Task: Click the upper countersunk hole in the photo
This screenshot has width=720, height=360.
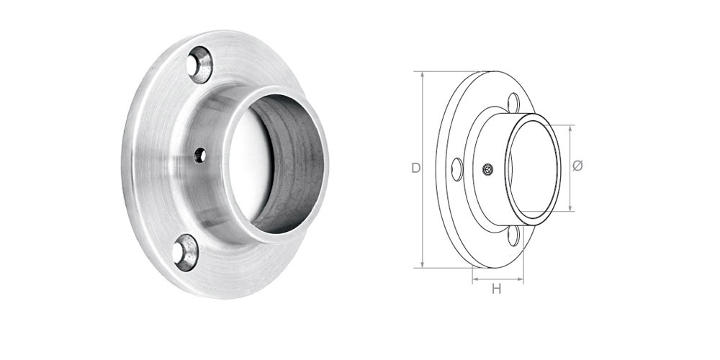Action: pyautogui.click(x=199, y=66)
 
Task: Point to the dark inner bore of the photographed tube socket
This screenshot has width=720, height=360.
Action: pyautogui.click(x=295, y=162)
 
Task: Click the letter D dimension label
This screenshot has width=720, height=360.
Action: pyautogui.click(x=415, y=168)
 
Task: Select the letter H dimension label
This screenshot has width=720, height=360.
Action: pyautogui.click(x=496, y=289)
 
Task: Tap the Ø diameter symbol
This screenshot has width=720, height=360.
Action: pyautogui.click(x=577, y=166)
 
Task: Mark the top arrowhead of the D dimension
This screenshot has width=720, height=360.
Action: pyautogui.click(x=423, y=75)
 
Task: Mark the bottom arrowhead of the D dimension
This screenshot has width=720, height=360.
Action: pyautogui.click(x=423, y=264)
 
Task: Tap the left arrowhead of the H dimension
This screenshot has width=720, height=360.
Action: pyautogui.click(x=474, y=277)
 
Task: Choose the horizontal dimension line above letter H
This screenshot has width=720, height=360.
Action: pyautogui.click(x=498, y=277)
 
